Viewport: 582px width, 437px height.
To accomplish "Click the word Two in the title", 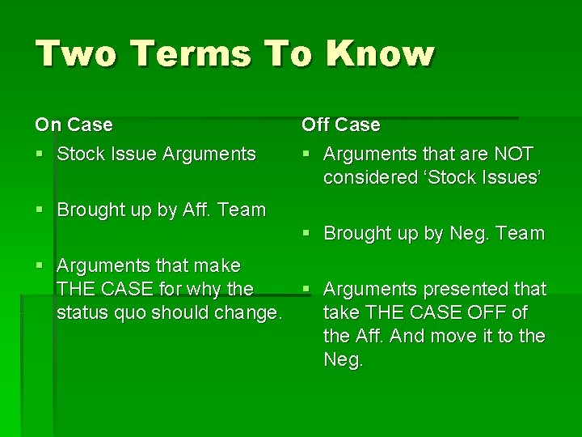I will click(72, 54).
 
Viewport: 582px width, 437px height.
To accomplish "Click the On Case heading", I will click(74, 125).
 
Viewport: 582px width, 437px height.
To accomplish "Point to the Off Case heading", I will click(340, 125).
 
